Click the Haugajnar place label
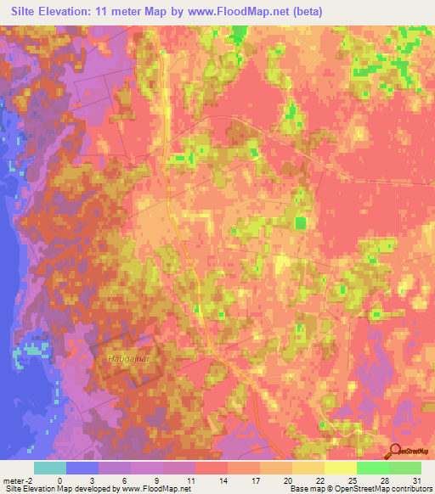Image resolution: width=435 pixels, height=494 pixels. (x=128, y=358)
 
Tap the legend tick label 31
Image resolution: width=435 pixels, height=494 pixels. (x=416, y=480)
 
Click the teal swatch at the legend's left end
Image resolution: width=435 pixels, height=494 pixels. (x=50, y=468)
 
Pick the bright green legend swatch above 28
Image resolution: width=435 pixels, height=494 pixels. (x=372, y=468)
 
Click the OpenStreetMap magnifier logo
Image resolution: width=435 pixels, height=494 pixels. (x=395, y=452)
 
